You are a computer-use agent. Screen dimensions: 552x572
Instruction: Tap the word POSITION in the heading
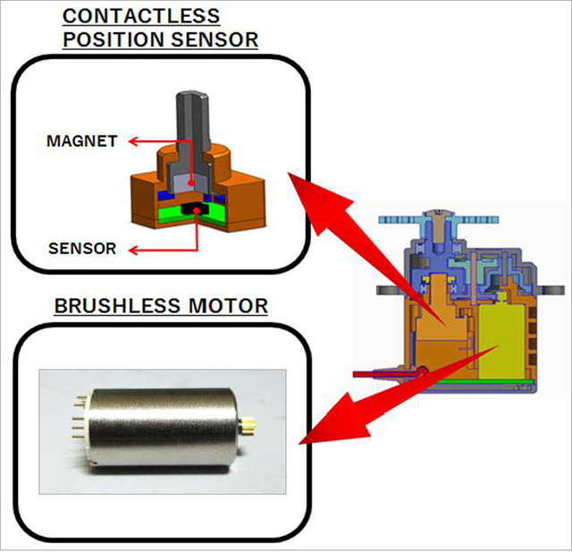pos(101,39)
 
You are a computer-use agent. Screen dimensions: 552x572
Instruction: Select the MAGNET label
pos(82,141)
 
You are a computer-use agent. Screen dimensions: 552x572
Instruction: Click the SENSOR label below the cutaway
pos(83,248)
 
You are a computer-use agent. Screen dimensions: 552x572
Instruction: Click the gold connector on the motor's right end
pos(247,418)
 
